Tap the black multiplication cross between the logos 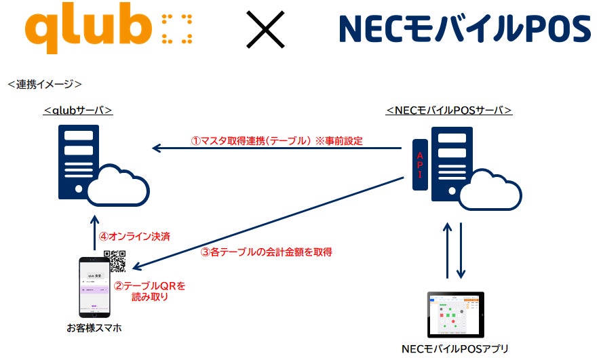pos(265,31)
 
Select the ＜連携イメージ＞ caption pos(45,84)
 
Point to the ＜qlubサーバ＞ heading pos(78,110)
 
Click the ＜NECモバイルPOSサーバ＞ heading pos(449,110)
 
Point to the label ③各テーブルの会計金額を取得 pos(266,252)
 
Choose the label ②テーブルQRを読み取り pos(149,292)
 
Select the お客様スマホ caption pos(94,329)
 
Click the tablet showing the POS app pos(455,315)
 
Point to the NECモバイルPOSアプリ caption pos(455,349)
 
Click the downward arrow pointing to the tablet pos(462,250)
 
